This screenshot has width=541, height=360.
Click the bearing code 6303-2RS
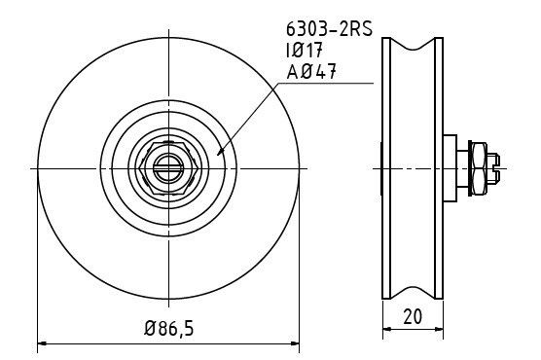coord(330,29)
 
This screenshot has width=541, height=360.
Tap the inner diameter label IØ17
coord(304,51)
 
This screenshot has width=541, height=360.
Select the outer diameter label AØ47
coord(311,72)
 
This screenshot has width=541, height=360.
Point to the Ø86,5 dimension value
coord(168,328)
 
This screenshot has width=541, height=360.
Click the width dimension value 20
coord(413,316)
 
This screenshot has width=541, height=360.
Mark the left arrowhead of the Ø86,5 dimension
coord(42,343)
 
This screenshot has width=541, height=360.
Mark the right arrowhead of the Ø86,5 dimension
coord(295,343)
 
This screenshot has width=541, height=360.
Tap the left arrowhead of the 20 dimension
coord(387,329)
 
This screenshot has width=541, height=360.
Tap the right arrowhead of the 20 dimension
coord(439,329)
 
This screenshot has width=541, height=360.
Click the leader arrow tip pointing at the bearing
coord(220,153)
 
